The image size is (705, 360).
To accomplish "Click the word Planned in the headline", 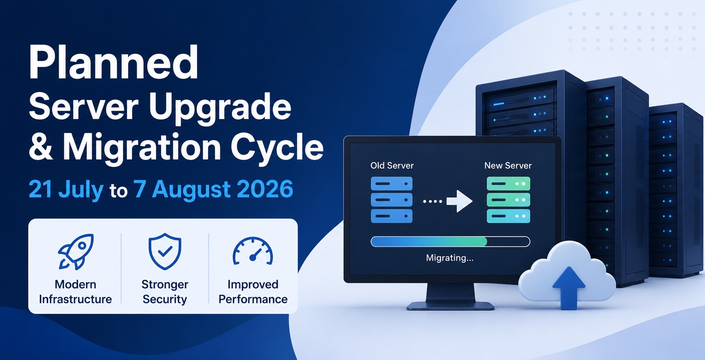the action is [114, 63].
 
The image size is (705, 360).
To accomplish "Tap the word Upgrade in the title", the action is [220, 108].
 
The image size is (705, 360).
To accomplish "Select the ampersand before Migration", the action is [41, 146].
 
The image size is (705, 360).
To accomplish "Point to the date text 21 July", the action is [66, 189].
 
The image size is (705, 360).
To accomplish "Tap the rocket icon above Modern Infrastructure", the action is [76, 252].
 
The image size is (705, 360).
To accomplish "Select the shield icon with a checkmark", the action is [165, 252].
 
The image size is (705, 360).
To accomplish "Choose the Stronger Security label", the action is [165, 292].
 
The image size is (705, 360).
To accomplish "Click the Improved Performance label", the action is [253, 292].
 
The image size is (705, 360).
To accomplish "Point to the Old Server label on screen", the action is [392, 166].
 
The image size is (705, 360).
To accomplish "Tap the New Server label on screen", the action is [508, 166].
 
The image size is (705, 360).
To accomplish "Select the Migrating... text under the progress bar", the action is [450, 258].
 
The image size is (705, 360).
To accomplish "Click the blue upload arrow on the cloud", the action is [568, 288].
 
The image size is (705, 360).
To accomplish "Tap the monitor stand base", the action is [450, 306].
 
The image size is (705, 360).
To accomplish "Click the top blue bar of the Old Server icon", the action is [391, 184].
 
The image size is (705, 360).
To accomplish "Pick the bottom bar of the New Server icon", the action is [508, 216].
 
